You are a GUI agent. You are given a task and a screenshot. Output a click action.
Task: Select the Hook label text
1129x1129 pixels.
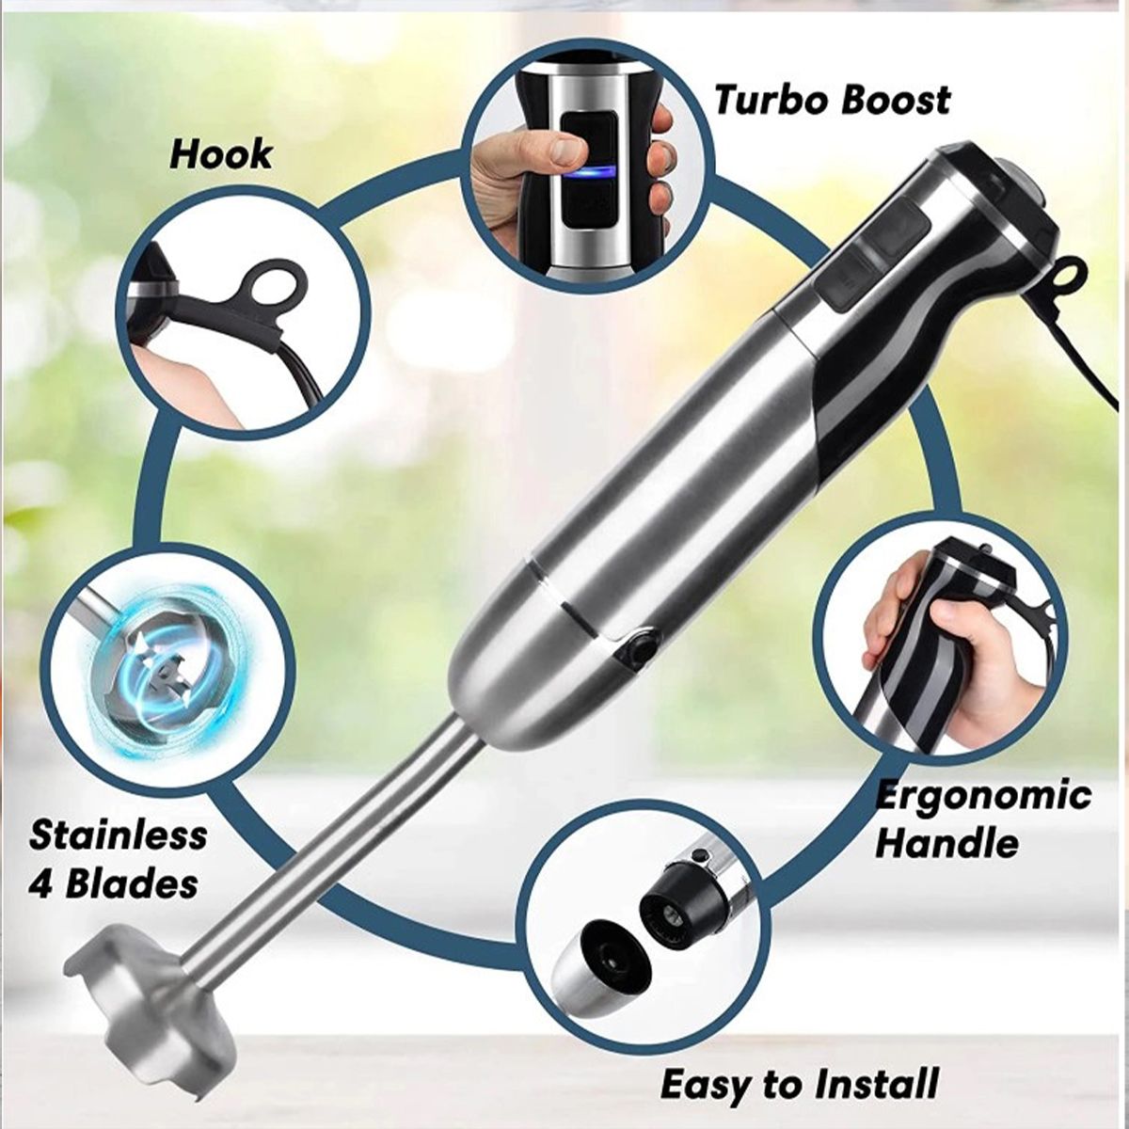pos(221,154)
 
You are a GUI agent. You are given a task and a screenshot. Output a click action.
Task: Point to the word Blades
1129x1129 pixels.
pos(131,884)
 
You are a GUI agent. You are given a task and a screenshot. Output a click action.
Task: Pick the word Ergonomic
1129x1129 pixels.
pos(982,795)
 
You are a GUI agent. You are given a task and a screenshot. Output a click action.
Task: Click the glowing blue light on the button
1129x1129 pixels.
pos(588,171)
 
